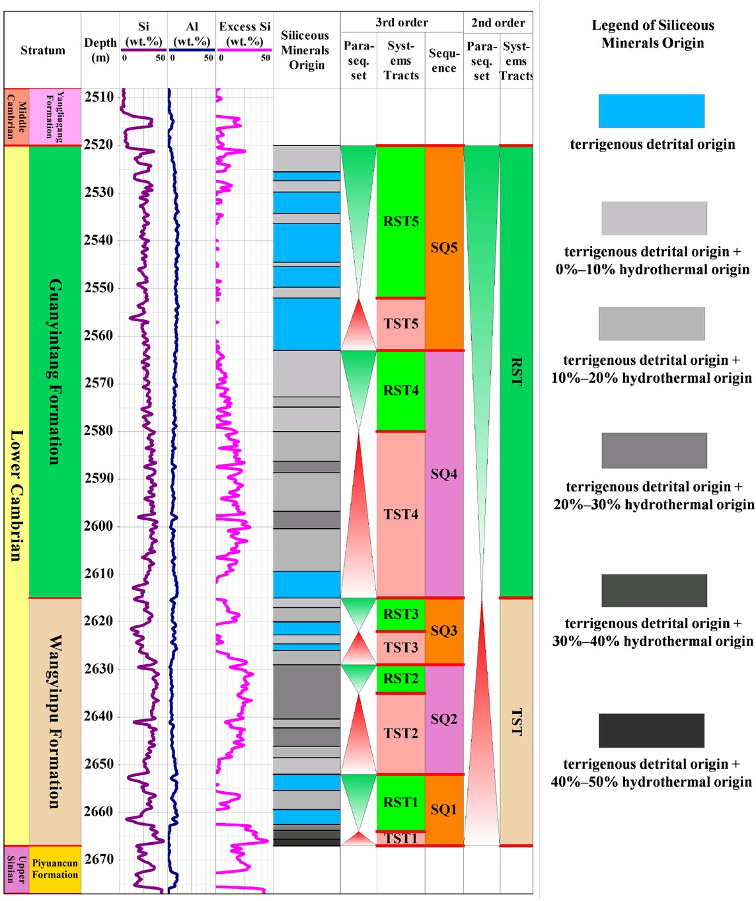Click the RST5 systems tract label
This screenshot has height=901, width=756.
[400, 221]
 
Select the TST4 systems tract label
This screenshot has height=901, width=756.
[400, 514]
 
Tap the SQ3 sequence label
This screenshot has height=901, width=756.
[443, 631]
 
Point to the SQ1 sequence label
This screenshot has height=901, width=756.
[443, 809]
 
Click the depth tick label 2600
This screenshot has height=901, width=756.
[98, 526]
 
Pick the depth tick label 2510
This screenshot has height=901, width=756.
[98, 97]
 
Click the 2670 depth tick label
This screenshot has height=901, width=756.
[98, 859]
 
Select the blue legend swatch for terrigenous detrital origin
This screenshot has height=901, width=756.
[651, 111]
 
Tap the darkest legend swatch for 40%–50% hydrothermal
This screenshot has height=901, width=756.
[651, 730]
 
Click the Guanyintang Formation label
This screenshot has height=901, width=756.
[55, 372]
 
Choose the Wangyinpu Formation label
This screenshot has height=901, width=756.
[55, 722]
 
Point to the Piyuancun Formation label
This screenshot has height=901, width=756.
[55, 869]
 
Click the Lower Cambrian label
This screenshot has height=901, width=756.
[17, 496]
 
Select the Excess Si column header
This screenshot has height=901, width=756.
[245, 34]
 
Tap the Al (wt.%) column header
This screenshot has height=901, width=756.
[192, 34]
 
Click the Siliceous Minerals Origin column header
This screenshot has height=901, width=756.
[305, 50]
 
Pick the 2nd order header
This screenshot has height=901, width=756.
[498, 22]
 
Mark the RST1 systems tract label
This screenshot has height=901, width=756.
[400, 803]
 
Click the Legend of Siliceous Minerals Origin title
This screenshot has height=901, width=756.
[652, 34]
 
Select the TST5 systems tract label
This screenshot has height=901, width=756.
[400, 324]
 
